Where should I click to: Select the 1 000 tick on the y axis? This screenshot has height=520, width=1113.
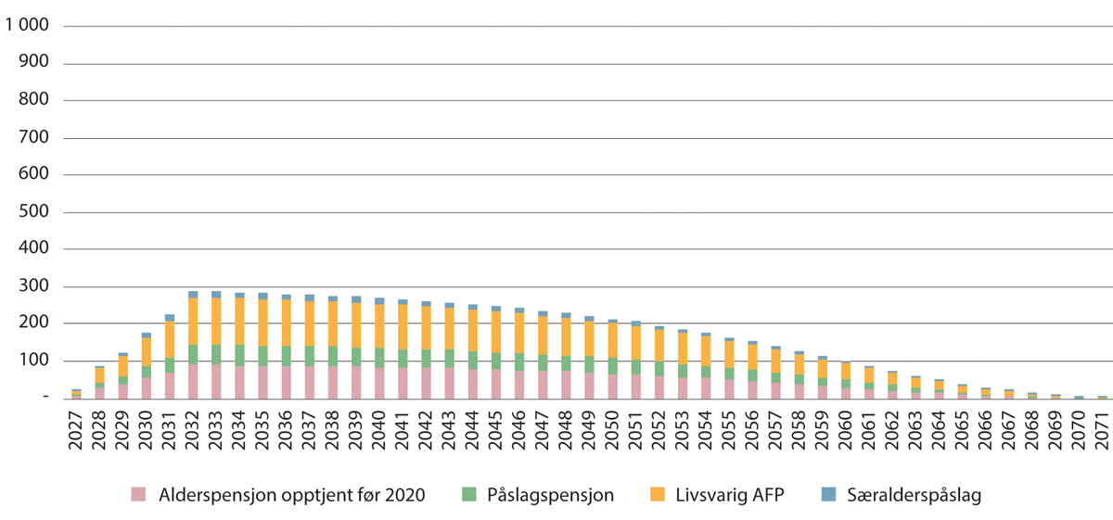click(27, 27)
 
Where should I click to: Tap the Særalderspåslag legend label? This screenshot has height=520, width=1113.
click(915, 495)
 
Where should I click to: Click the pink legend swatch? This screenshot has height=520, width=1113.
click(139, 495)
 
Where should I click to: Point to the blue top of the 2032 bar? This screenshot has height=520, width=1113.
click(193, 295)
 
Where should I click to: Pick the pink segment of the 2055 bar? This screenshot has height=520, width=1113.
click(729, 388)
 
